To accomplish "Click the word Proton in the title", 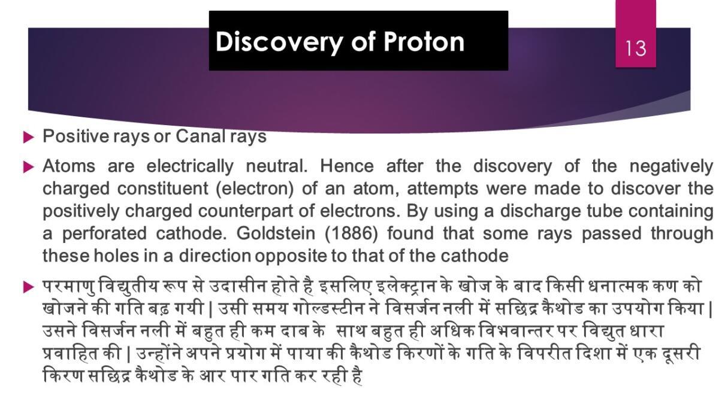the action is tap(424, 42).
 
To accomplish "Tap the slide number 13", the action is tap(636, 48).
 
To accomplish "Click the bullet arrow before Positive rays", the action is tap(29, 138).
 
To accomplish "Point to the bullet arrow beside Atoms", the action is tap(29, 168).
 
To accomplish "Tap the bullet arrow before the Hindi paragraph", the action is tap(29, 287).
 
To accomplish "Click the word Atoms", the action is tap(69, 166).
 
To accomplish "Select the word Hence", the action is tap(347, 166).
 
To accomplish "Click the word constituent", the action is tap(163, 189).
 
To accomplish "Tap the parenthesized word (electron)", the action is tap(255, 189).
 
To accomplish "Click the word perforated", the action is tap(104, 234).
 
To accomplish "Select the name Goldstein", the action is tap(276, 234).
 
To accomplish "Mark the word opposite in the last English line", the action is tap(292, 257).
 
